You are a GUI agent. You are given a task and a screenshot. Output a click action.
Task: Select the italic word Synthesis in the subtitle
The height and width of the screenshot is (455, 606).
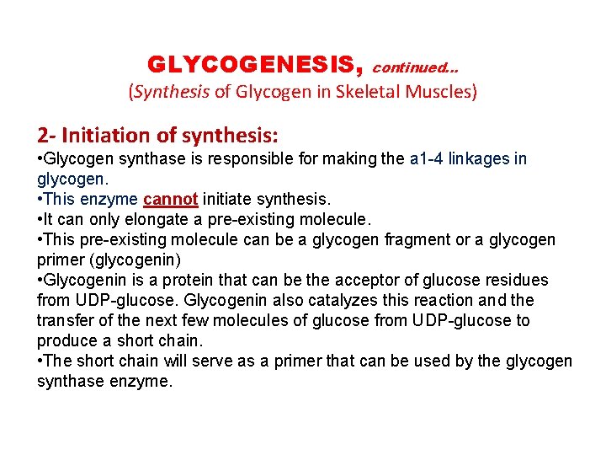coord(171,92)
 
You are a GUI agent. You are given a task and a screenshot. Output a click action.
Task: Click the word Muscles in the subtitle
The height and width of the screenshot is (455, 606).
coord(447,92)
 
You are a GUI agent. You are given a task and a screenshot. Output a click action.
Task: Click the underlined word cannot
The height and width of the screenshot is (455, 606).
coord(171,200)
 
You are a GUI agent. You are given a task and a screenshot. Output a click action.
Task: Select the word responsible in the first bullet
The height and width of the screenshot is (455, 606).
coord(211,159)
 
